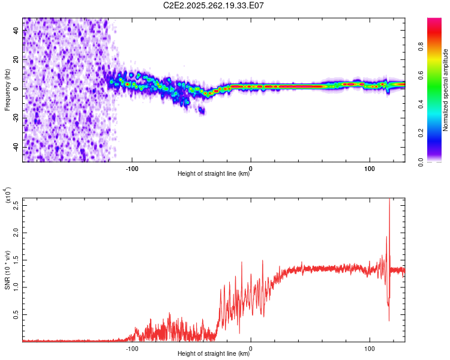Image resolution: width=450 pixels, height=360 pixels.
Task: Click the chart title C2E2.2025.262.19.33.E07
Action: [x=214, y=6]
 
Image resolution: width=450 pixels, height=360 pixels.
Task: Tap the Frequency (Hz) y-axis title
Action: [x=7, y=90]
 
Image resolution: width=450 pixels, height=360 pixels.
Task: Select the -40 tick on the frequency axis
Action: [x=15, y=147]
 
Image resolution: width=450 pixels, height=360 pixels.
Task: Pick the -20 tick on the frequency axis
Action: [x=15, y=118]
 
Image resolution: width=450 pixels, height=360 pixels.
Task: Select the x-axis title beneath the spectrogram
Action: [x=214, y=175]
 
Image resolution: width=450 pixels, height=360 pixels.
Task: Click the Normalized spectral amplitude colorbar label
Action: [x=445, y=90]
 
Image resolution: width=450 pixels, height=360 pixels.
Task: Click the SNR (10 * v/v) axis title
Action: [x=7, y=270]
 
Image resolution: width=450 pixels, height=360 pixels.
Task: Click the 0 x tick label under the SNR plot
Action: [x=251, y=347]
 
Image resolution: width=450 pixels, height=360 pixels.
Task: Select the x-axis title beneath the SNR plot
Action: [x=214, y=355]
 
